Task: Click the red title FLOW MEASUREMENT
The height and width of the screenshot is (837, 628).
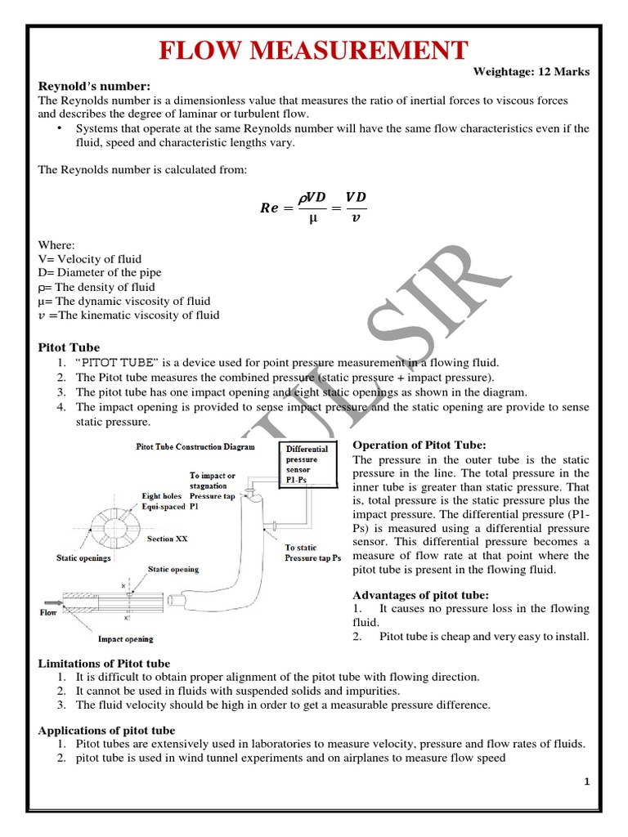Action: (x=314, y=50)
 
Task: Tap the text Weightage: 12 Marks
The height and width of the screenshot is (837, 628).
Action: (x=532, y=72)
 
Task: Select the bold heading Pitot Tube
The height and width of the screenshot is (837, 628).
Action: (x=70, y=347)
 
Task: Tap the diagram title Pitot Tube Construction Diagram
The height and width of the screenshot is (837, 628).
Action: (x=195, y=447)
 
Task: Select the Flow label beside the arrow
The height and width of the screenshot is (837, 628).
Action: (x=48, y=611)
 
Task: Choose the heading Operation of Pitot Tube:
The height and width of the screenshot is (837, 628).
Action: (x=419, y=445)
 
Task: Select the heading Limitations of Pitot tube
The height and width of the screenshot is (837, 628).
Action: (x=105, y=663)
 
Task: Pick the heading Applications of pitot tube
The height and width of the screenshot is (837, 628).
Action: (x=106, y=730)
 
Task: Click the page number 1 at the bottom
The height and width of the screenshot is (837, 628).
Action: (x=586, y=782)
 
